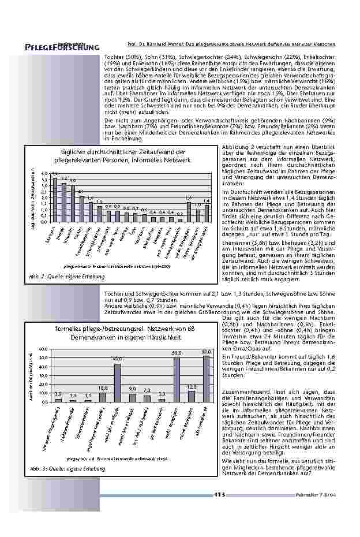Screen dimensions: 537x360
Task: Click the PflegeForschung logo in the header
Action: [58, 46]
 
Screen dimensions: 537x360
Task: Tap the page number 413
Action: [219, 495]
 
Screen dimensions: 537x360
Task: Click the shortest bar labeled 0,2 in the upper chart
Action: [179, 219]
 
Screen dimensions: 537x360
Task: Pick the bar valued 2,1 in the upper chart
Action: [81, 207]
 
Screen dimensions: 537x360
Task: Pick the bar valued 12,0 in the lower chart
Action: [191, 396]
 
